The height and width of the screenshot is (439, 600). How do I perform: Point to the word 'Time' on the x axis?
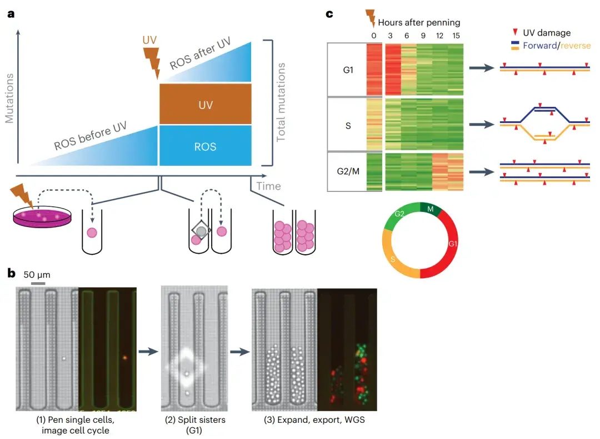pos(268,185)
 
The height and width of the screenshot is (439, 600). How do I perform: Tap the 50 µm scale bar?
pos(38,283)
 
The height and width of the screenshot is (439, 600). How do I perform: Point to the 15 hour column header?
pos(455,36)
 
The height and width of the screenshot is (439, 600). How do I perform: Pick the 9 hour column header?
pos(423,36)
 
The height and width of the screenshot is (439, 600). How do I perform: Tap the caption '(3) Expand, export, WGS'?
pos(314,420)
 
